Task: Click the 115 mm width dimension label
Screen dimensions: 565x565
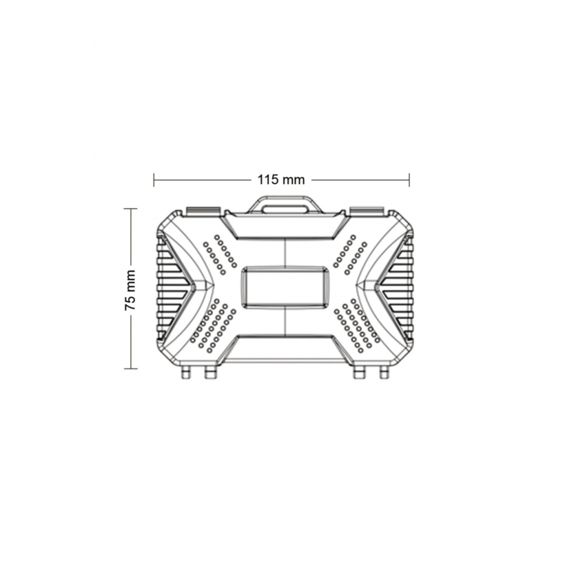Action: pos(281,179)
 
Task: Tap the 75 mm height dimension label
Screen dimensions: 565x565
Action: pos(130,289)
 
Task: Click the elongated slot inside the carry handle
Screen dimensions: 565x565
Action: pos(285,209)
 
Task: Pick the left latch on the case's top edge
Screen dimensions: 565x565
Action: pos(203,211)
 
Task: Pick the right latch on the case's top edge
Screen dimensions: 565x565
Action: pos(367,211)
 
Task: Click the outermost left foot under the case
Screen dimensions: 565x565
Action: pos(186,373)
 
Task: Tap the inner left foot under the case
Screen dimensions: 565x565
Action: pos(210,373)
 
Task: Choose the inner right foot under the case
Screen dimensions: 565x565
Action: pos(359,373)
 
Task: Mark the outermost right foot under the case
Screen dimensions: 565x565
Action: pos(384,373)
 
